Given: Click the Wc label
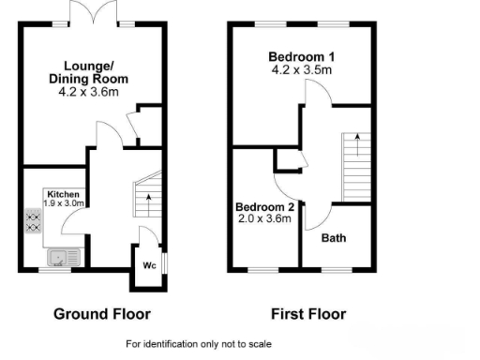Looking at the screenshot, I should pyautogui.click(x=148, y=264).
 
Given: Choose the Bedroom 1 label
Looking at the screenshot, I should pyautogui.click(x=300, y=55).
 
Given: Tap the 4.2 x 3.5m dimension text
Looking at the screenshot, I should pyautogui.click(x=300, y=68).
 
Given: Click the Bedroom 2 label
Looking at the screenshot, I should pyautogui.click(x=265, y=206).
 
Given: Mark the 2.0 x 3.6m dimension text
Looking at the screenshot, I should pyautogui.click(x=264, y=219).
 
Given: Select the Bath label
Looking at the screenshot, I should pyautogui.click(x=334, y=237).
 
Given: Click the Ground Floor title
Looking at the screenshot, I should pyautogui.click(x=101, y=313).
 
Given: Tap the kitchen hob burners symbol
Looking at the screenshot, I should pyautogui.click(x=32, y=222).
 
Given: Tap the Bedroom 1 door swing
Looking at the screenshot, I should pyautogui.click(x=316, y=93).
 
